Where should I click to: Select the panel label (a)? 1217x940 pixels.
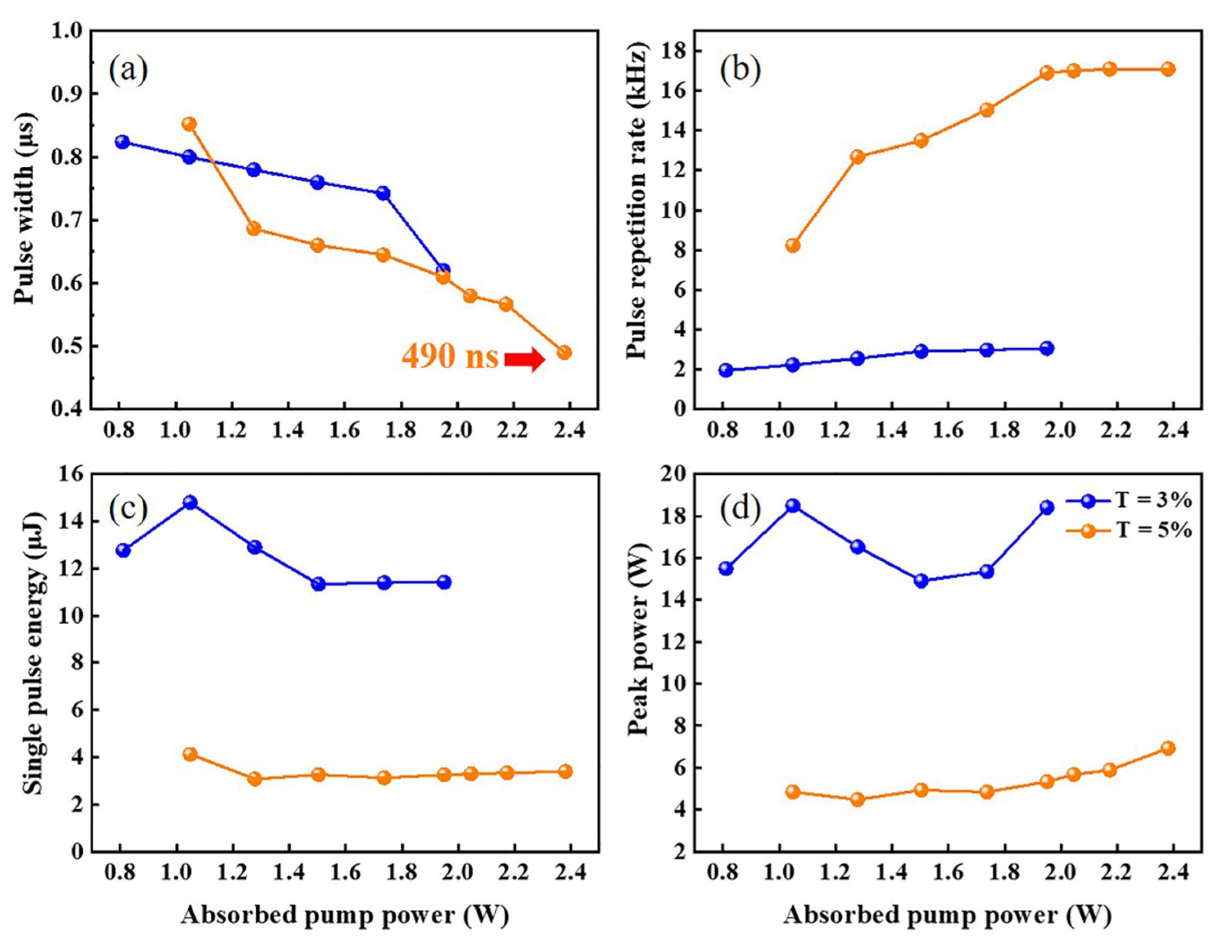point(128,71)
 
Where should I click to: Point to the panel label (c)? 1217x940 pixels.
point(128,508)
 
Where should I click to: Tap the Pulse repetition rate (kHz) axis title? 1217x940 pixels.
point(638,204)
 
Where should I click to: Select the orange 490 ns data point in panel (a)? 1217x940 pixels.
point(564,353)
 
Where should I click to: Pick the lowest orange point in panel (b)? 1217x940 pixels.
point(792,245)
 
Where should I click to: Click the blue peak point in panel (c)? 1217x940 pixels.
point(190,503)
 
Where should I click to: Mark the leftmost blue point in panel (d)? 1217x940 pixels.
point(726,569)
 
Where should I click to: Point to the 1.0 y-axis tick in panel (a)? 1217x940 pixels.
point(67,31)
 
